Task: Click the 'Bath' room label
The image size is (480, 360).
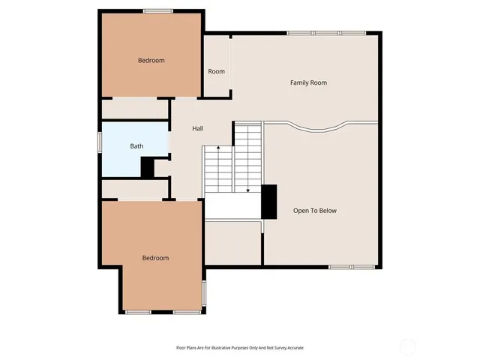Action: click(136, 146)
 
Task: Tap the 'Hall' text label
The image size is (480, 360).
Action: click(197, 128)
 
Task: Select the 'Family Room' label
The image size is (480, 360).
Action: click(308, 82)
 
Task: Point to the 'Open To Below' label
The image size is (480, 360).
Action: click(315, 211)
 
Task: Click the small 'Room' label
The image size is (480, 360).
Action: click(216, 71)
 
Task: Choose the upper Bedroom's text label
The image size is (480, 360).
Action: click(151, 60)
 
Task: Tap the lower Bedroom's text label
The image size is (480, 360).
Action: click(155, 258)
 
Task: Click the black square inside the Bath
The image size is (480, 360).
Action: click(148, 168)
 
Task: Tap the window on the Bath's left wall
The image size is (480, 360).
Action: click(100, 142)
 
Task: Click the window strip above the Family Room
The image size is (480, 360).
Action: click(326, 32)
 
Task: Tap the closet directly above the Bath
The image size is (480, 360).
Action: click(135, 109)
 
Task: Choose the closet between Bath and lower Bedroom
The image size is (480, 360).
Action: click(135, 188)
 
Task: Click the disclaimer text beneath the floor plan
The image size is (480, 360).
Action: click(239, 348)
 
